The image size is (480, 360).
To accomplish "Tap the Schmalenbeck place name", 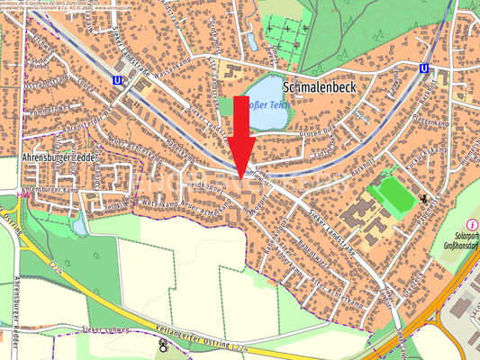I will point(322,88).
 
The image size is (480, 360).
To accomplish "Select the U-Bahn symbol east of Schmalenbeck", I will point(423,68).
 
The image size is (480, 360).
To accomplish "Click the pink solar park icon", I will point(472,223).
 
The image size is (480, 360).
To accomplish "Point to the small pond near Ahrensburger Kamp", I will point(81,222).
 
